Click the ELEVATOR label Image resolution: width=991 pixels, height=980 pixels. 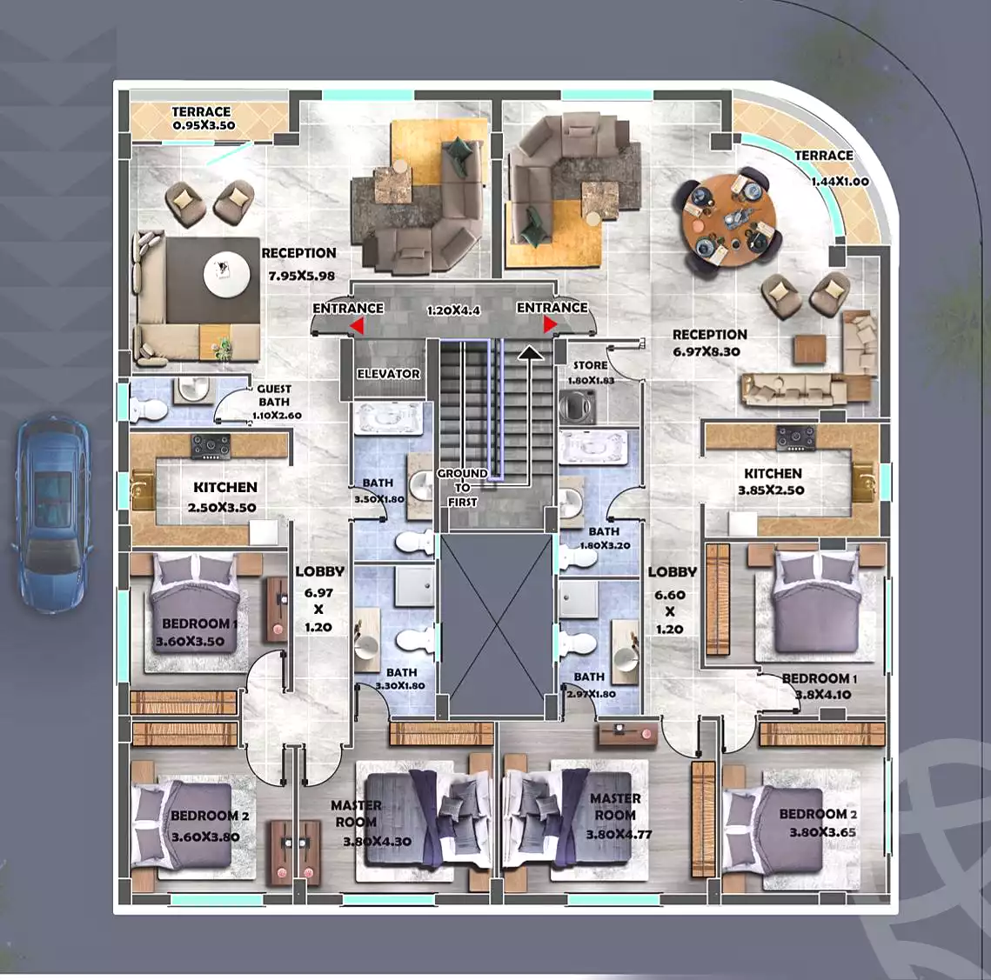point(388,373)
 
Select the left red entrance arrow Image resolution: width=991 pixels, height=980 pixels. point(357,325)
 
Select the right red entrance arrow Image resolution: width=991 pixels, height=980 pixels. point(550,324)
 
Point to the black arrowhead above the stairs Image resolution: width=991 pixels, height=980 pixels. point(530,352)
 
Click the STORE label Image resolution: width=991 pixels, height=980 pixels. point(590,365)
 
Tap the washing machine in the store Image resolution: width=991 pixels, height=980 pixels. point(577,406)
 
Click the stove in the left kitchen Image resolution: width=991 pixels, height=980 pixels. point(211,446)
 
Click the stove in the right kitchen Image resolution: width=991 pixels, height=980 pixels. point(796,438)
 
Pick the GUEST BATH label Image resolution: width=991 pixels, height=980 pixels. point(274,395)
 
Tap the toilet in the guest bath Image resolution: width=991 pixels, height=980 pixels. point(149,410)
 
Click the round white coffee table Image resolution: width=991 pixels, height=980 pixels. point(226,275)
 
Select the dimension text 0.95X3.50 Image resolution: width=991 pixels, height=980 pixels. point(204,125)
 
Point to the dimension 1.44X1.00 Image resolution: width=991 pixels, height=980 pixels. point(840,182)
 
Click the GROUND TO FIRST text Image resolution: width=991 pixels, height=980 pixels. point(463,487)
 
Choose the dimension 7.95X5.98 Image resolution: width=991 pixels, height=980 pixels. point(301,276)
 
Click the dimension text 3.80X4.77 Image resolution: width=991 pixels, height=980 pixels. point(619,834)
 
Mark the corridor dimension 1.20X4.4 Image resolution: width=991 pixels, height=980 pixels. point(453,311)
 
